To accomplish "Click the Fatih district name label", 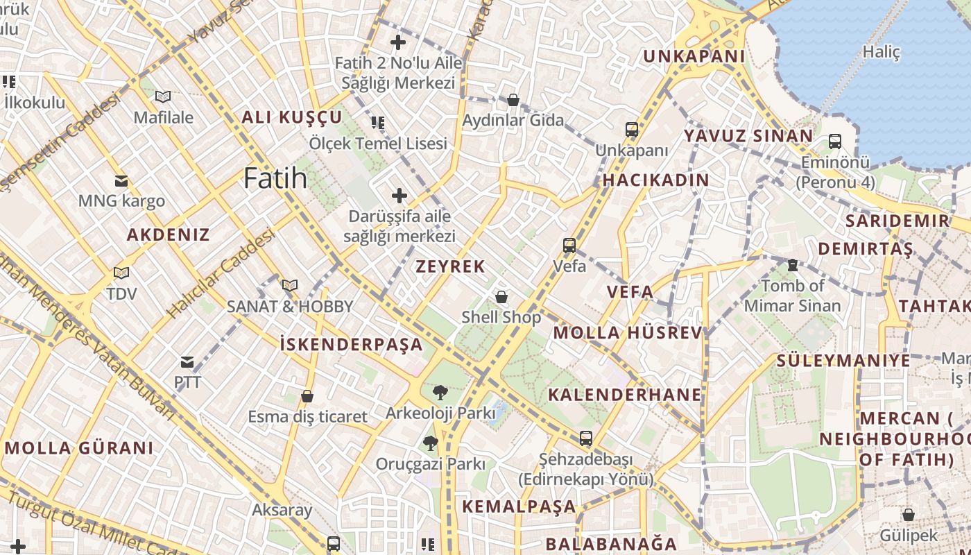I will click(x=275, y=179).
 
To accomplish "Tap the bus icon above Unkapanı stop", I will click(x=631, y=130).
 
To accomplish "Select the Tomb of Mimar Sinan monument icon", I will click(x=792, y=265).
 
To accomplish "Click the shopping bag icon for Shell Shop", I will click(x=501, y=298).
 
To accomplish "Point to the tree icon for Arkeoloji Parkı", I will click(x=440, y=393).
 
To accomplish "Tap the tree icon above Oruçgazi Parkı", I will click(x=431, y=443).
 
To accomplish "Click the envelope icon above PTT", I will click(x=187, y=361).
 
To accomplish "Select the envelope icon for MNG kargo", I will click(x=121, y=181).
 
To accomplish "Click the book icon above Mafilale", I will click(x=163, y=97).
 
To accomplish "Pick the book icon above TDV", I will click(x=121, y=273).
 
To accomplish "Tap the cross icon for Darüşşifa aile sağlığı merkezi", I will click(x=399, y=196).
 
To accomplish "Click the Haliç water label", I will click(x=881, y=52).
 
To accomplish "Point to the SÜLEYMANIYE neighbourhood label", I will click(x=843, y=361).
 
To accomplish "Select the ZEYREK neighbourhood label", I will click(x=450, y=266).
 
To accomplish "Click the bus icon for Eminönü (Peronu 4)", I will click(x=835, y=142).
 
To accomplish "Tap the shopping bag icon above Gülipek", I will click(x=908, y=515).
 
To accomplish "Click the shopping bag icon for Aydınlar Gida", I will click(x=513, y=101).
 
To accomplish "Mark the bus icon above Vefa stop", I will click(x=569, y=246).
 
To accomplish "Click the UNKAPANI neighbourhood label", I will click(x=694, y=56).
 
